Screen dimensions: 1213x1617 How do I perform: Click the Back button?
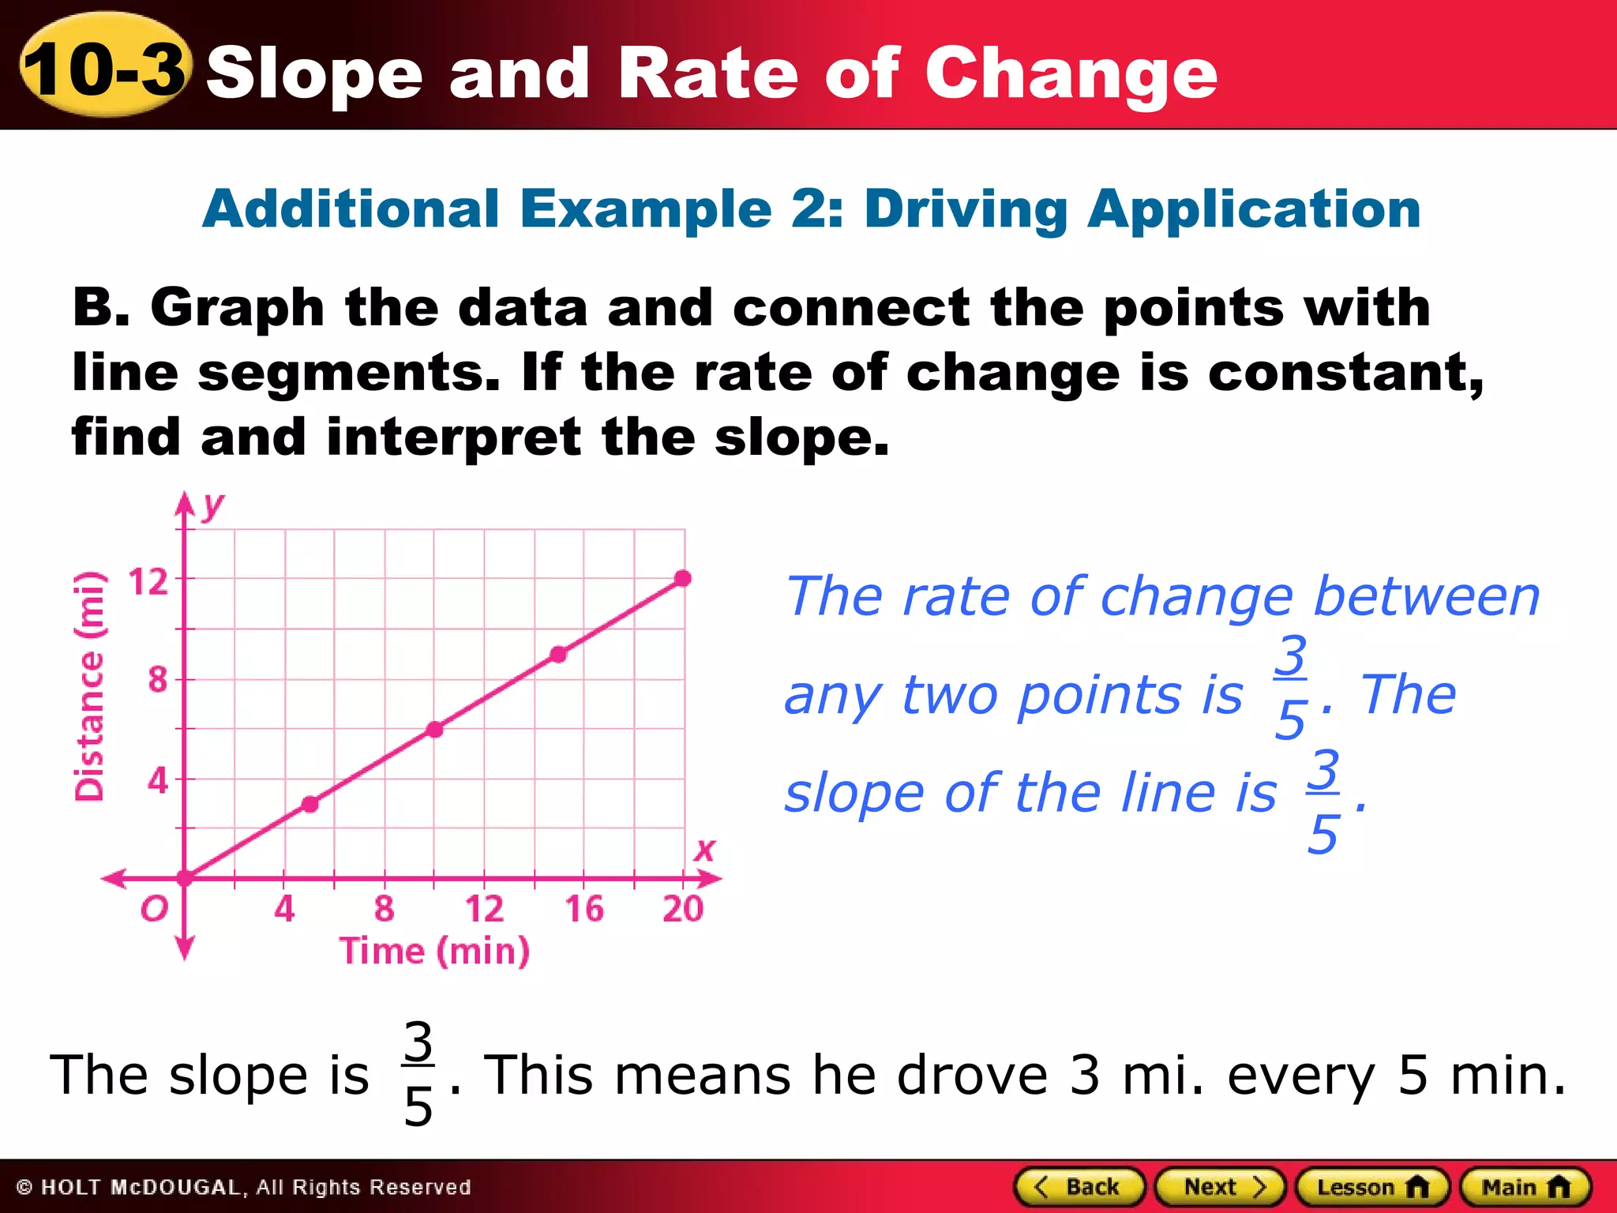coord(1079,1187)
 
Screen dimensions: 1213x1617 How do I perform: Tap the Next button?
coord(1221,1187)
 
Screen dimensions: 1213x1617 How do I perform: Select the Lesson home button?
coord(1372,1187)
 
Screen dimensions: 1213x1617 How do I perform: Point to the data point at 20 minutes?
coord(684,578)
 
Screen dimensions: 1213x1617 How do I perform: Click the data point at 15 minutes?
coord(558,654)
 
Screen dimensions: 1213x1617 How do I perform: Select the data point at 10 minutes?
coord(435,729)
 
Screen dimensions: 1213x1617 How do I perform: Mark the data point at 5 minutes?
coord(310,804)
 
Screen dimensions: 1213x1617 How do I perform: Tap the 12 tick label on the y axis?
coord(148,581)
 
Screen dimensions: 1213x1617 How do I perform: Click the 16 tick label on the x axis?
coord(583,909)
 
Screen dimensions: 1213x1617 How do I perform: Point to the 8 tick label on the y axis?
coord(158,679)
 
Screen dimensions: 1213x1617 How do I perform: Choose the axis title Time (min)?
coord(434,951)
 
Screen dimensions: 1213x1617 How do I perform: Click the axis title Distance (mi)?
coord(89,685)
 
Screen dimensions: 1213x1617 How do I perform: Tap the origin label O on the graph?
coord(154,909)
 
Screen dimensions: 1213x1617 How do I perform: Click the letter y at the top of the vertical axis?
coord(212,505)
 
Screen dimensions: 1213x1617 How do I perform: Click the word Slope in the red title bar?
coord(314,73)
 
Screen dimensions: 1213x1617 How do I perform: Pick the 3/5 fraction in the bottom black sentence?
coord(418,1074)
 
